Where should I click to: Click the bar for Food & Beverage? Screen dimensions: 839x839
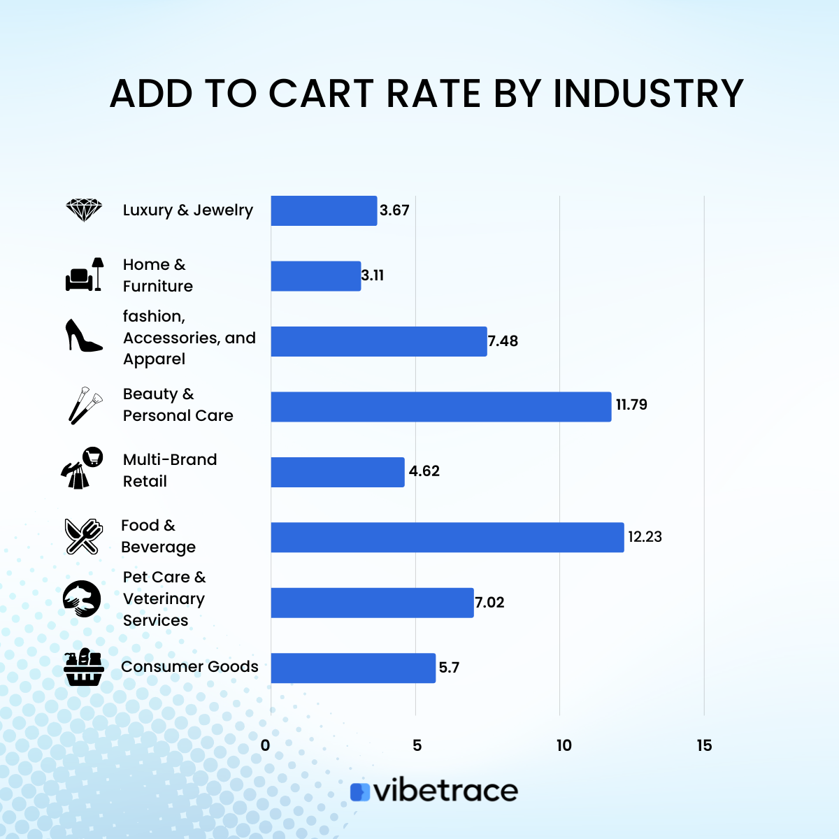coord(447,537)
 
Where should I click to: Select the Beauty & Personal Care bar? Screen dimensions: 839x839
coord(441,406)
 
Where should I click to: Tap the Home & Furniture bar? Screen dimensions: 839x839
coord(316,276)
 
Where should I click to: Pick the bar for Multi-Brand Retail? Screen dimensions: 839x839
coord(338,472)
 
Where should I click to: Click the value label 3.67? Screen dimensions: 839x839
coord(394,210)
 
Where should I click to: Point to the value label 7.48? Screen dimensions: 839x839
coord(503,341)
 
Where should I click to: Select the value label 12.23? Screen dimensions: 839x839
coord(645,537)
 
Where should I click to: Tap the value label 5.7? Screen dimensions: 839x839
coord(449,668)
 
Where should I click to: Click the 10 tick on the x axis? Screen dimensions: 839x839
coord(564,745)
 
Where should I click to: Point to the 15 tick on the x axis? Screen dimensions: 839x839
coord(704,745)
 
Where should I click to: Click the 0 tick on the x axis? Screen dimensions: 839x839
coord(265,745)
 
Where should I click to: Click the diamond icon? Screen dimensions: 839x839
coord(84,210)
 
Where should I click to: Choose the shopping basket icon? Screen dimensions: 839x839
coord(84,667)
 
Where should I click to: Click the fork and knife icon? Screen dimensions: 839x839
coord(83,536)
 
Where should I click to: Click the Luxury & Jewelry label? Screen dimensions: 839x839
coord(187,210)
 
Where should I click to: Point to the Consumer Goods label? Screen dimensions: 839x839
coord(189,667)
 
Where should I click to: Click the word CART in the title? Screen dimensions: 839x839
coord(322,94)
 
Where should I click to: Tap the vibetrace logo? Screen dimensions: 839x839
coord(434,791)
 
